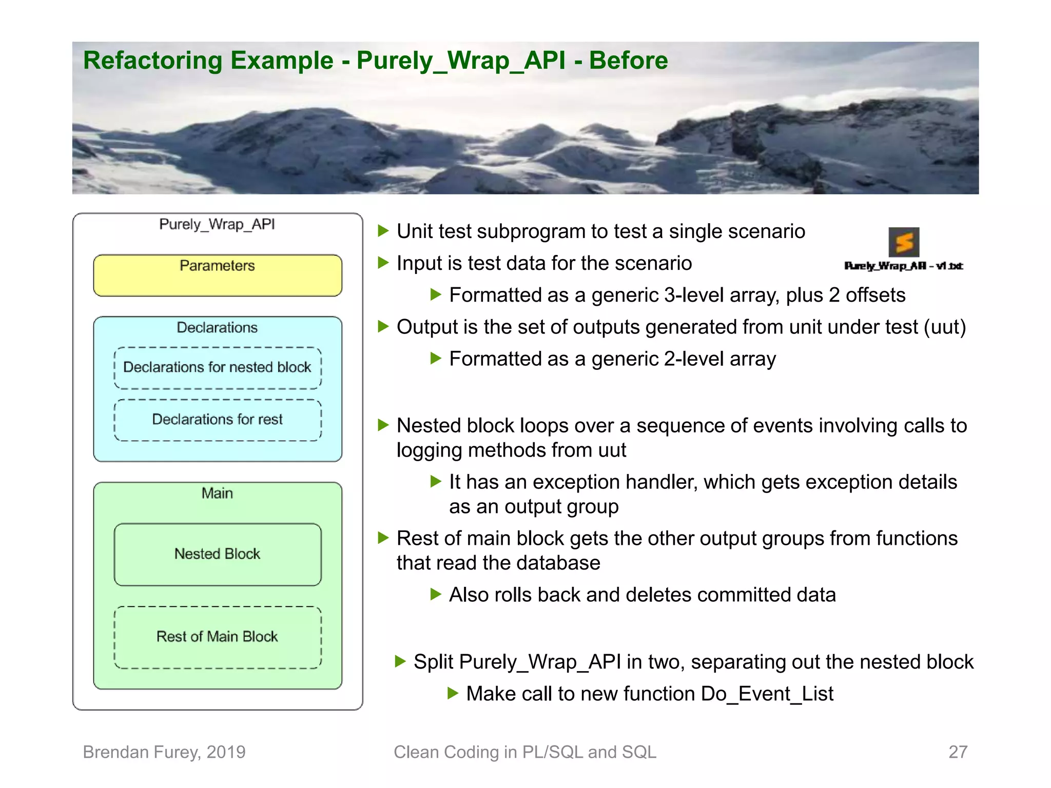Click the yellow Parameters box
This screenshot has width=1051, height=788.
218,276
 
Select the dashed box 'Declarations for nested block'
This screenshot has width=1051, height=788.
218,368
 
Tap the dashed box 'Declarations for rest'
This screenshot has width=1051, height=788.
218,420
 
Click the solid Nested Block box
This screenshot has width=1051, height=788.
218,554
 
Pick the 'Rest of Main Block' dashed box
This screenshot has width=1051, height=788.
218,637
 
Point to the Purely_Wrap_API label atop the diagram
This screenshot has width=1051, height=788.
217,224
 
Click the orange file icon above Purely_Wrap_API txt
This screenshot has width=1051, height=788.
904,242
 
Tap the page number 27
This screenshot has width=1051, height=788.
958,752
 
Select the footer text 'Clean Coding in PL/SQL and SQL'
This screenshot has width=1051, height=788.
525,752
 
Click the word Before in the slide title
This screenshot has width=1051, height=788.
628,61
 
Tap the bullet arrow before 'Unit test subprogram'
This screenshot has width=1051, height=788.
383,231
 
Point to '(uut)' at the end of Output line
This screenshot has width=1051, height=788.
945,327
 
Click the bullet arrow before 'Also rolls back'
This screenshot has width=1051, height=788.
436,595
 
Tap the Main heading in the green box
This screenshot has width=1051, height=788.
217,494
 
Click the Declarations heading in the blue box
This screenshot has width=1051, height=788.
217,328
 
